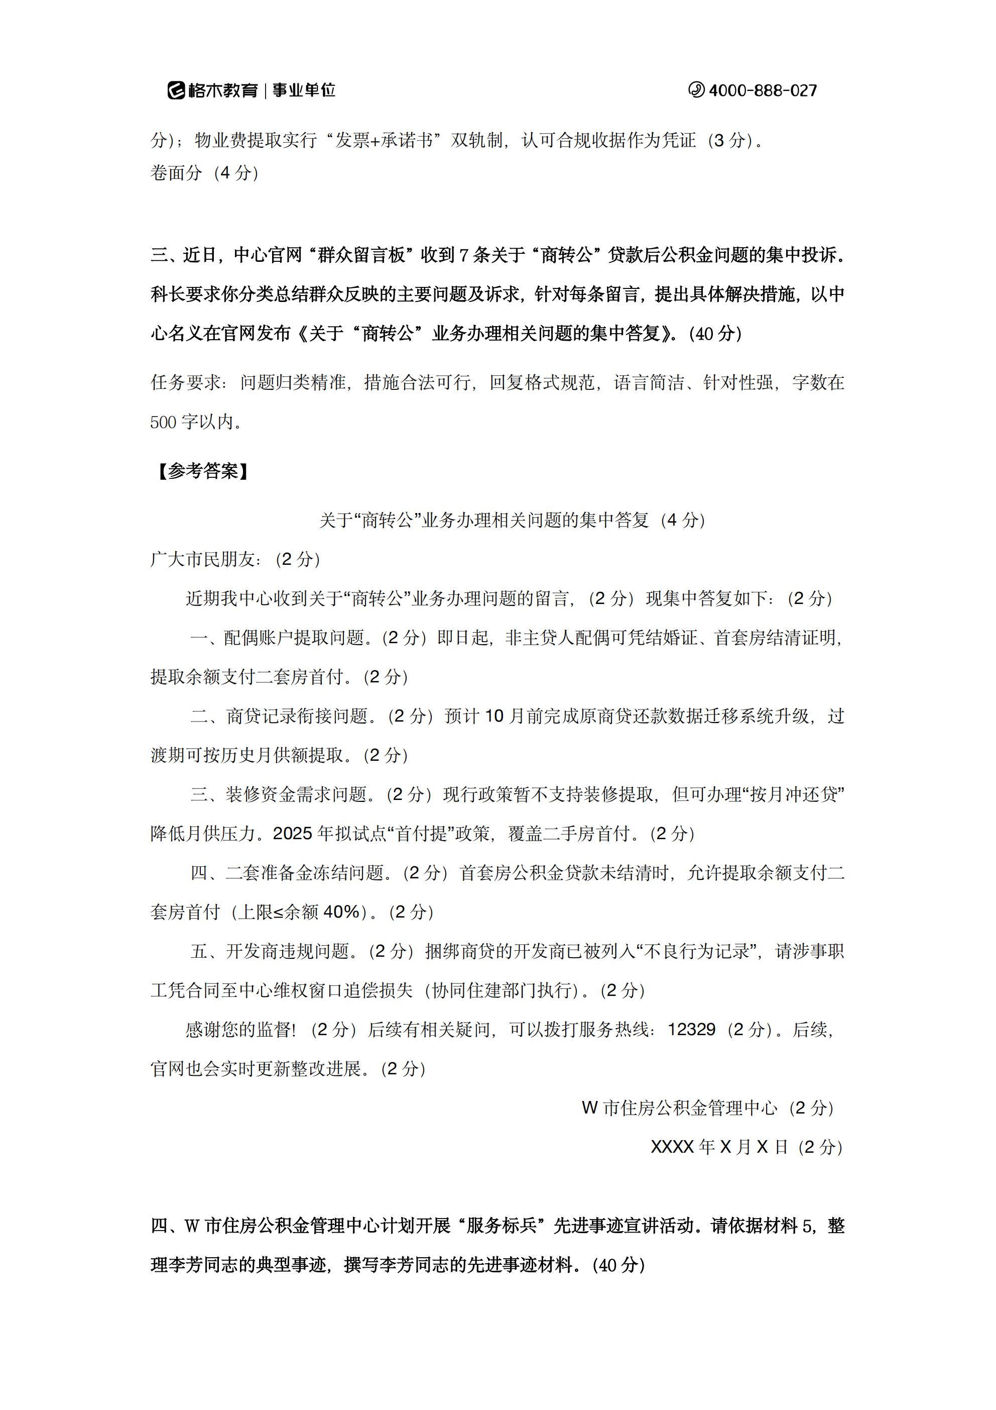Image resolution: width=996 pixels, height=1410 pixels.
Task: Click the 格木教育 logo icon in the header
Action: tap(177, 90)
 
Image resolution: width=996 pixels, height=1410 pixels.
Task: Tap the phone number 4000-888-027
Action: tap(763, 91)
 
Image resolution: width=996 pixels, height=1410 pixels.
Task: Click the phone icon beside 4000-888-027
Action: tap(696, 90)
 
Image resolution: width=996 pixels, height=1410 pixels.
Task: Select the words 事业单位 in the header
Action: tap(304, 91)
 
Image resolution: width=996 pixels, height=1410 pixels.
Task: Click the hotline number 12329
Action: tap(692, 1029)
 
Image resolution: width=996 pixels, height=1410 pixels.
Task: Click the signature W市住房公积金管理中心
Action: tap(679, 1108)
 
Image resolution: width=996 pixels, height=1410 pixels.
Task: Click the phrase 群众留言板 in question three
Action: tap(362, 255)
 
